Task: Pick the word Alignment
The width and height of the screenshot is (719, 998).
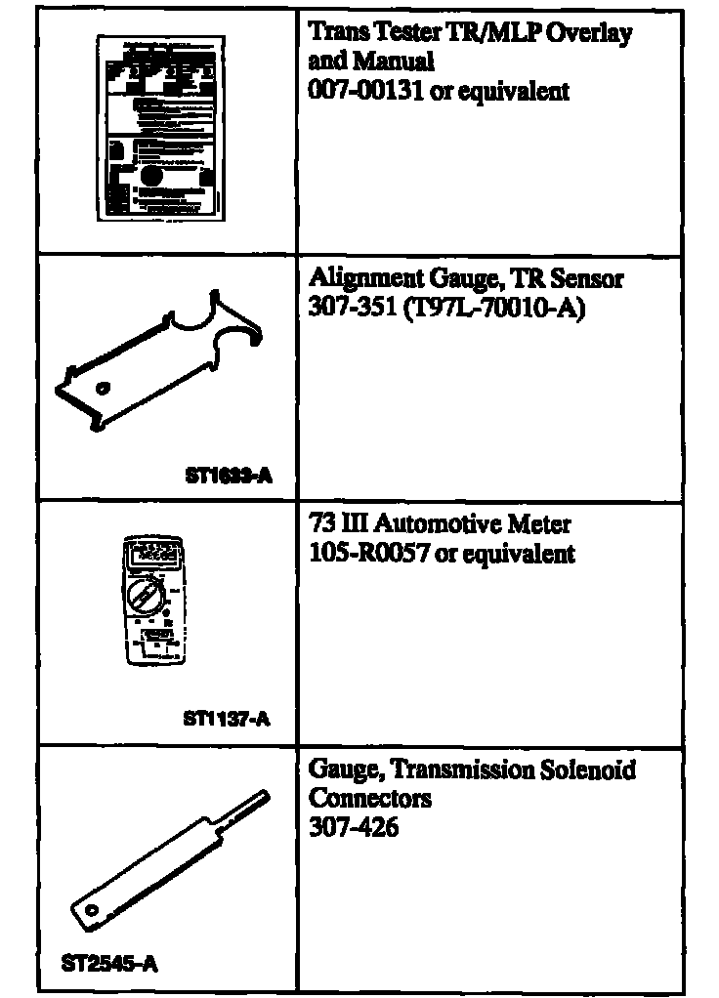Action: (363, 281)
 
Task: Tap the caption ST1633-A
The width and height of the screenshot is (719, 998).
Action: (227, 477)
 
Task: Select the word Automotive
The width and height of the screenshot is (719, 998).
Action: (440, 524)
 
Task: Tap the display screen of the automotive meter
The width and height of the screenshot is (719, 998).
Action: (151, 553)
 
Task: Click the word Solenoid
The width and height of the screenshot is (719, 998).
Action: (582, 770)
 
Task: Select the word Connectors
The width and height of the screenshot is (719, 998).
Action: (370, 799)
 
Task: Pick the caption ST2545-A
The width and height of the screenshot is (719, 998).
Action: (109, 965)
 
